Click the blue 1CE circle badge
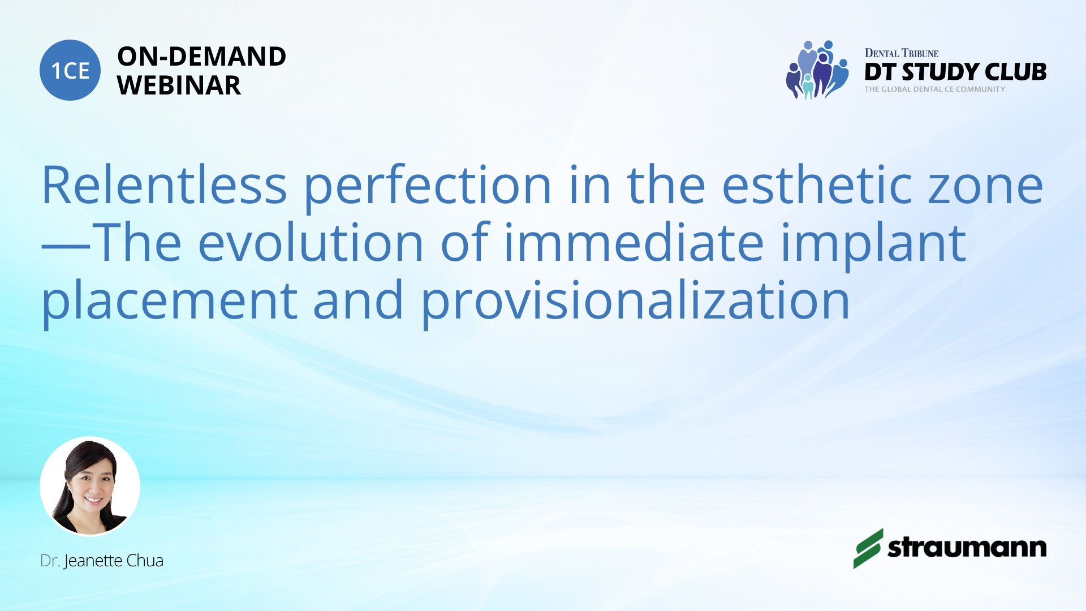coord(70,70)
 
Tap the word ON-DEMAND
coord(202,57)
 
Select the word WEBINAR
coord(179,85)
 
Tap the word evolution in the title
coord(311,242)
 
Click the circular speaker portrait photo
coord(90,487)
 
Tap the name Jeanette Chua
coord(114,561)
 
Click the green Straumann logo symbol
coord(868,548)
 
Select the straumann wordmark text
coord(967,548)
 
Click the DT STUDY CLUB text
coord(955,72)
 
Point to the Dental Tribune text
coord(902,53)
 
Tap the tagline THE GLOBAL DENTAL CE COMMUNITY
coord(934,89)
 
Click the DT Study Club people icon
coord(817,70)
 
